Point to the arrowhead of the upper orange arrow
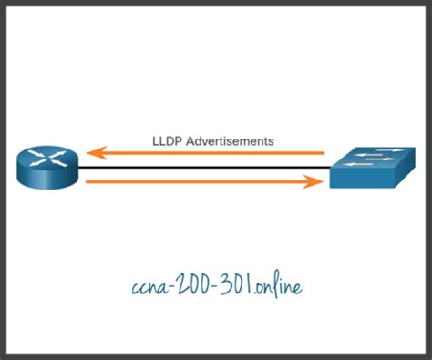pyautogui.click(x=94, y=153)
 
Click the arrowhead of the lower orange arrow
pyautogui.click(x=316, y=182)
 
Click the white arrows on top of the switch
pyautogui.click(x=374, y=159)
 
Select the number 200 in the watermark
pyautogui.click(x=194, y=284)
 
